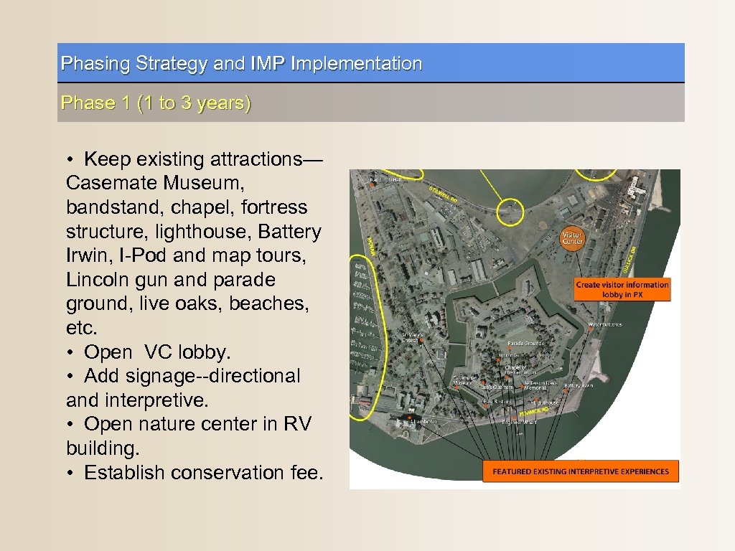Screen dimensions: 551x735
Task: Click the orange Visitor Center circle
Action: [x=572, y=238]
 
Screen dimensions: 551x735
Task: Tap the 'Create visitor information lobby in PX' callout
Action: [x=622, y=289]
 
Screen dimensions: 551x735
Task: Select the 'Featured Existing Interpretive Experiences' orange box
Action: [x=580, y=471]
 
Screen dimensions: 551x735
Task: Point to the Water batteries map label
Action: [x=604, y=324]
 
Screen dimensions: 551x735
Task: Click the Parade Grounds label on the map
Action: [x=525, y=344]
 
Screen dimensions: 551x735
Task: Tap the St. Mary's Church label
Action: [x=410, y=338]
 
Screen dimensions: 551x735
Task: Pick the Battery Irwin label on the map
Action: [x=578, y=386]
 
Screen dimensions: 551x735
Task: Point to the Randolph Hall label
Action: [x=386, y=179]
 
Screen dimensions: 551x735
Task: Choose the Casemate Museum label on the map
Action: [x=462, y=381]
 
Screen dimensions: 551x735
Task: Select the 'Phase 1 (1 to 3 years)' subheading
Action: [x=156, y=103]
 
